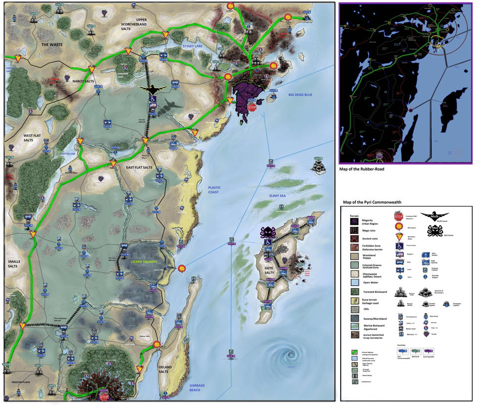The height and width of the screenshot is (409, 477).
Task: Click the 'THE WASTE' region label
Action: [52, 44]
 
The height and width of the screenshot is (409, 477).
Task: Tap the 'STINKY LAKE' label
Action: [193, 46]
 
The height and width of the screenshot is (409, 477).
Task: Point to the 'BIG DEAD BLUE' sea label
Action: [301, 95]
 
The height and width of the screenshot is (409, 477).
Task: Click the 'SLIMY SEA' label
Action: [278, 196]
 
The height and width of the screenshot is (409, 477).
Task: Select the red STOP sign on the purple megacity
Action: [252, 107]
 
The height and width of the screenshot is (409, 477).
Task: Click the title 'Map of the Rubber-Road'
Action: [362, 169]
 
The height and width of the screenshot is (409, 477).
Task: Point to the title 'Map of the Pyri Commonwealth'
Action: [372, 203]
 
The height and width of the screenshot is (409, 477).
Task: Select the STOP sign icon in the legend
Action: [398, 216]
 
